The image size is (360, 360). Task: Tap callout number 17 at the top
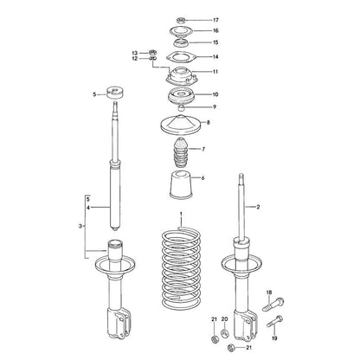[215, 20]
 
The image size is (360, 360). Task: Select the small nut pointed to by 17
[180, 20]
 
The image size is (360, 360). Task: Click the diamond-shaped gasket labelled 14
[181, 56]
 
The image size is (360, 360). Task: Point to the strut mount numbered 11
[181, 77]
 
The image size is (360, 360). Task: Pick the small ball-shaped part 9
[181, 108]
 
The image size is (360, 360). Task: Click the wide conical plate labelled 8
[181, 124]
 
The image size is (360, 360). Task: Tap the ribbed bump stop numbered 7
[181, 152]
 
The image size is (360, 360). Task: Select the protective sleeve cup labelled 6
[181, 185]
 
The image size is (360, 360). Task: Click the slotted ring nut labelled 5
[114, 93]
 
